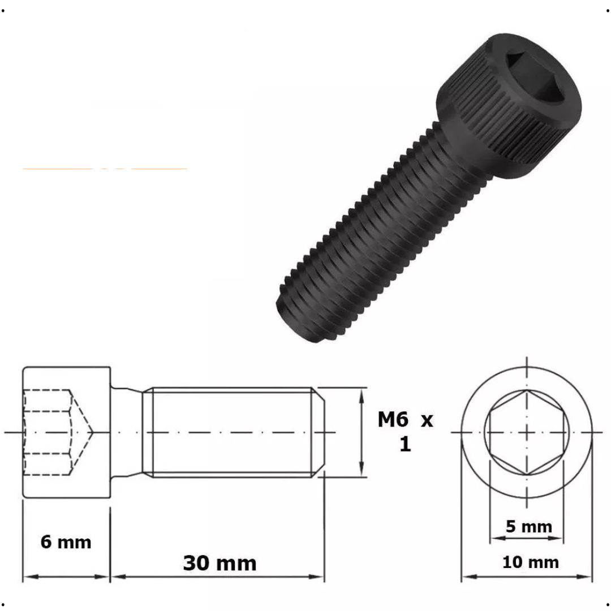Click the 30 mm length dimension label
pyautogui.click(x=220, y=563)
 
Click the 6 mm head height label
pyautogui.click(x=66, y=542)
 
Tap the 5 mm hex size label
pyautogui.click(x=528, y=527)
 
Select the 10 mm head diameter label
pyautogui.click(x=530, y=562)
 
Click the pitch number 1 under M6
pyautogui.click(x=405, y=445)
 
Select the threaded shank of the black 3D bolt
pyautogui.click(x=385, y=226)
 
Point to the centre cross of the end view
pyautogui.click(x=527, y=432)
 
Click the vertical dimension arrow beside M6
pyautogui.click(x=362, y=432)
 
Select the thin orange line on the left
pyautogui.click(x=105, y=169)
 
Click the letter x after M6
pyautogui.click(x=427, y=420)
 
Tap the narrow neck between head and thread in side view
pyautogui.click(x=126, y=432)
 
